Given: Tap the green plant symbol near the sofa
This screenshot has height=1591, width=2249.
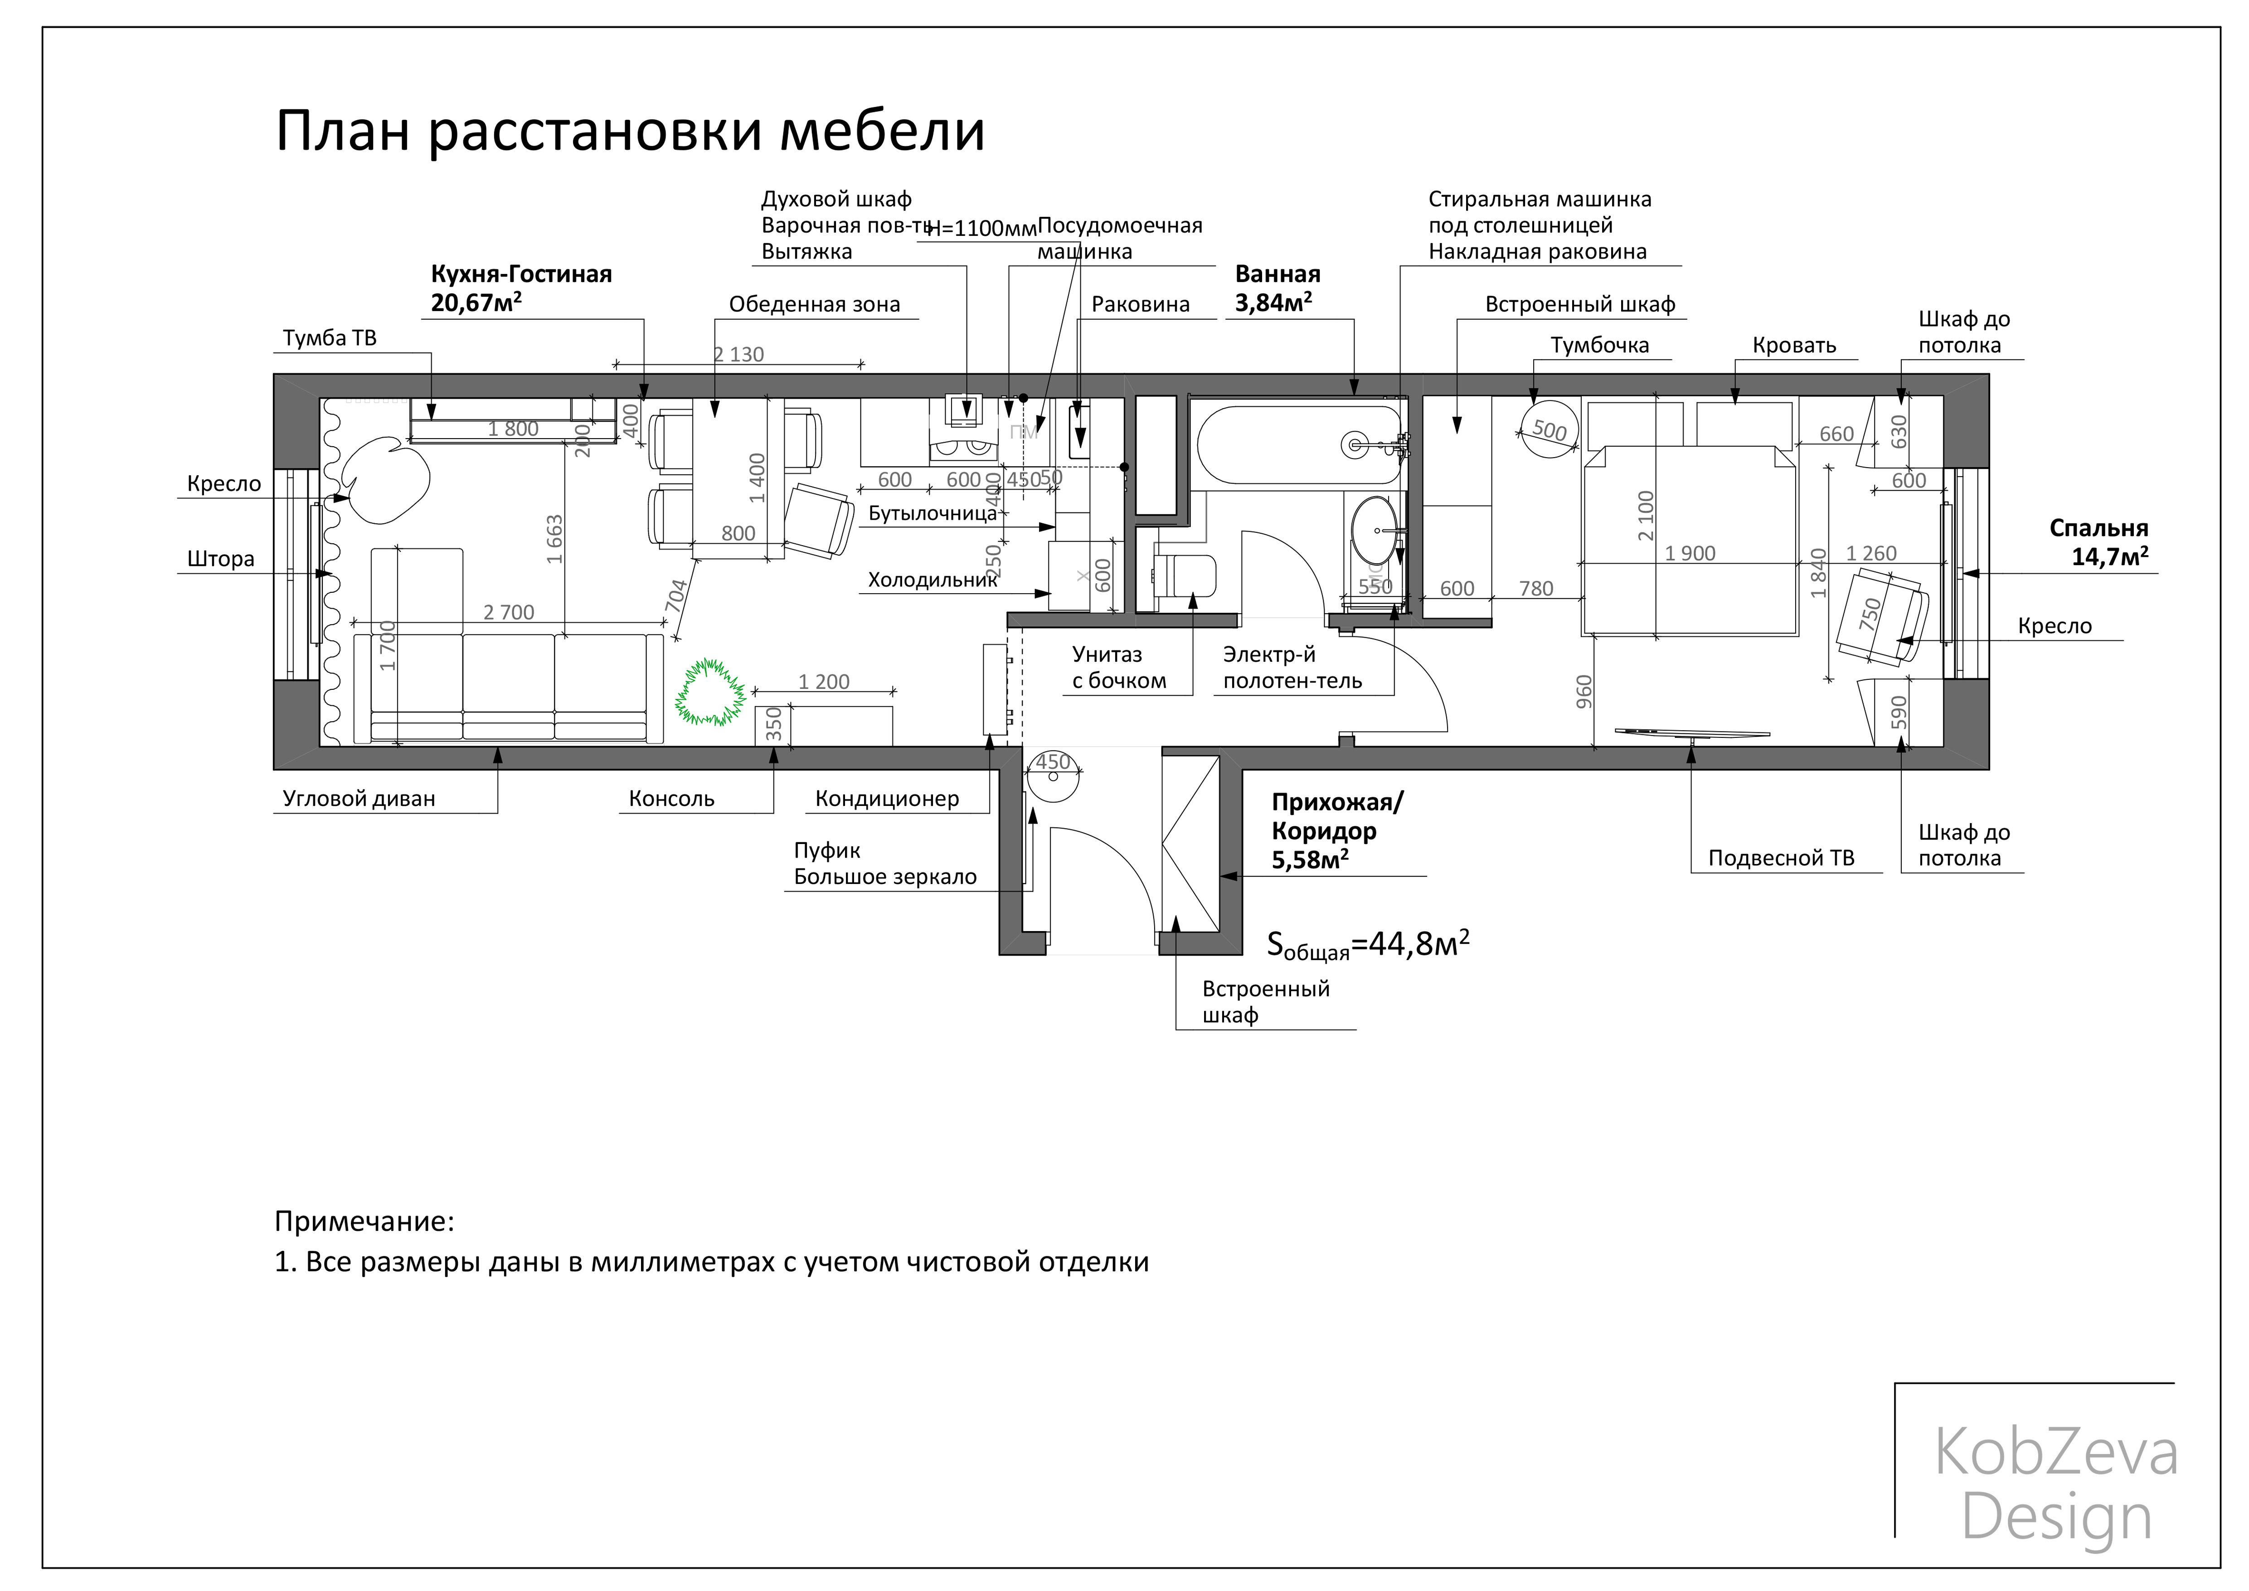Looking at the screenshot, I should (x=709, y=693).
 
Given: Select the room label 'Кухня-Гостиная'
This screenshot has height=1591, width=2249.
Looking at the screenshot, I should (x=521, y=274).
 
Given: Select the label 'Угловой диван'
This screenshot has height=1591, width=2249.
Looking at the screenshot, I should (x=359, y=798).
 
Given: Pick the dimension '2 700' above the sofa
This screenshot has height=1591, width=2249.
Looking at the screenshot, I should (x=508, y=612).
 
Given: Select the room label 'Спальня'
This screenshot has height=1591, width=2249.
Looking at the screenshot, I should (x=2098, y=528).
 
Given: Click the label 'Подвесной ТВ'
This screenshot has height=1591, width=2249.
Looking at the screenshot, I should (x=1781, y=858).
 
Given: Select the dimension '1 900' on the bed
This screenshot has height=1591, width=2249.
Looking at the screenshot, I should (x=1690, y=553).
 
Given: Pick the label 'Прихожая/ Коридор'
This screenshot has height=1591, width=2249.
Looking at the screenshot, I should (x=1336, y=817).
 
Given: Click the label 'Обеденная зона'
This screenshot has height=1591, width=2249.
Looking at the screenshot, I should (x=814, y=305).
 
